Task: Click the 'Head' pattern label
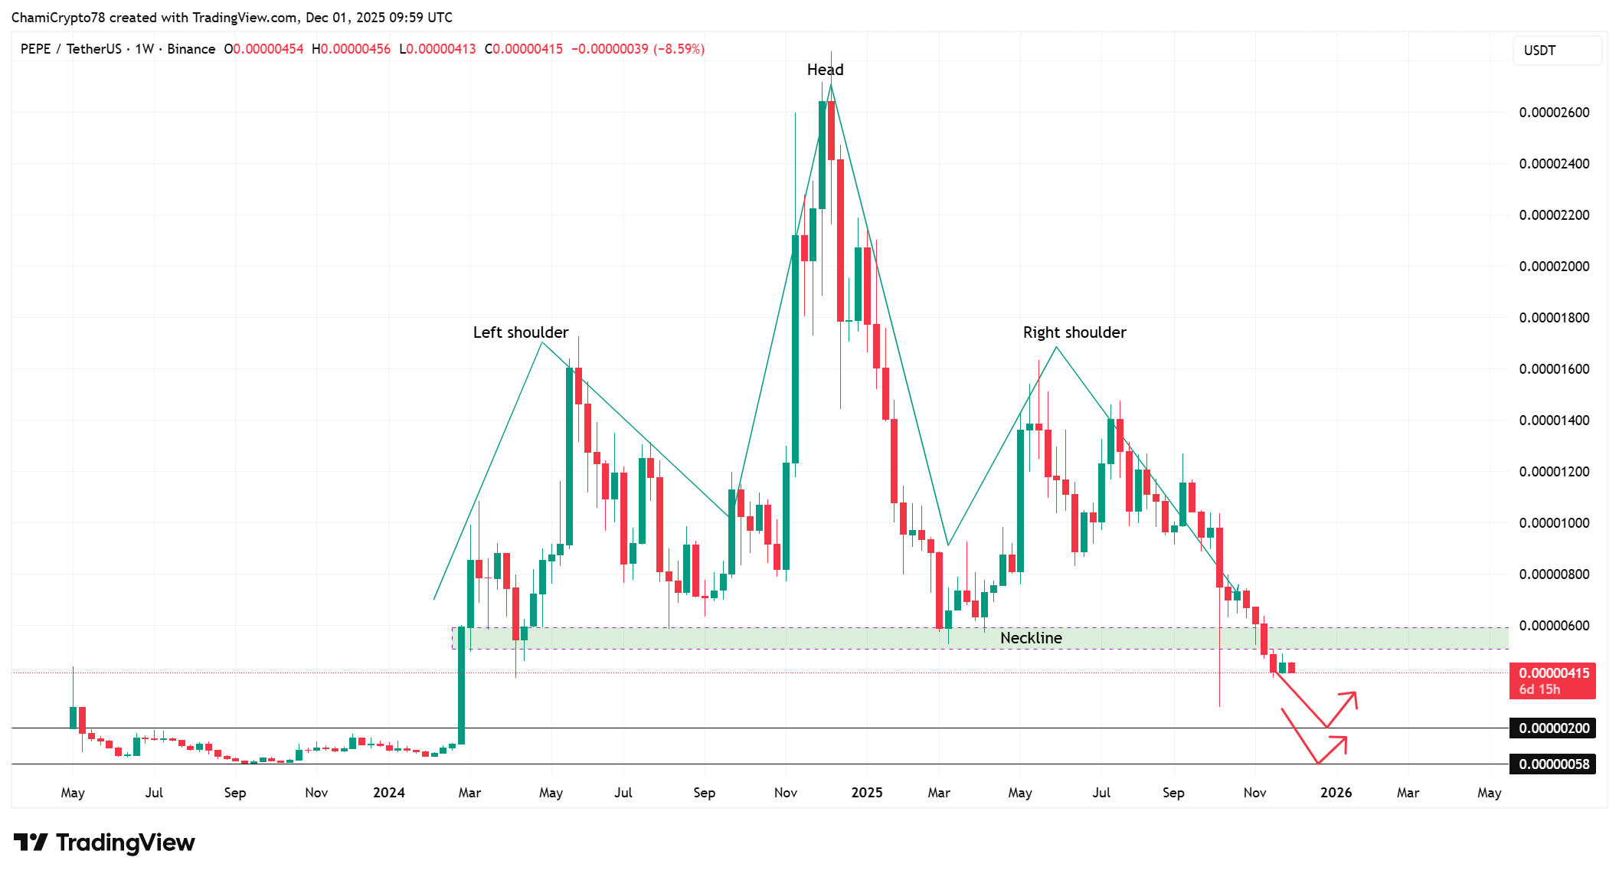825,70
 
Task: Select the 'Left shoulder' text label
520,332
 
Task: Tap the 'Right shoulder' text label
1074,332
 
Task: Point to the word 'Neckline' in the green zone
1031,638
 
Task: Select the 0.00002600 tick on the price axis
1554,113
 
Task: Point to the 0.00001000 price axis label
1554,523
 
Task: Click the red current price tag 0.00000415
1554,673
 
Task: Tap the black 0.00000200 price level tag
1553,728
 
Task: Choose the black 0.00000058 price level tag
1553,764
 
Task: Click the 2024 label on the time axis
388,793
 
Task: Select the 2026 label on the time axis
1336,793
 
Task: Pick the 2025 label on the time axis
866,793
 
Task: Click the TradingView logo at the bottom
104,843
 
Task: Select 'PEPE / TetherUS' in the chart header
70,49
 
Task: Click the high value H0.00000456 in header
351,49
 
